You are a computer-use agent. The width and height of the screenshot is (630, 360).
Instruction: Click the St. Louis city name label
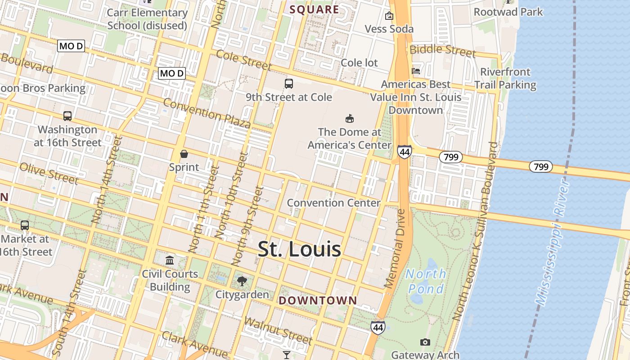(299, 250)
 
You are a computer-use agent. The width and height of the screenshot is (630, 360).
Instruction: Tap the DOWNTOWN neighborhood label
(318, 301)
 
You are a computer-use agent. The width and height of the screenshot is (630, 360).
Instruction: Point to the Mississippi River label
(553, 243)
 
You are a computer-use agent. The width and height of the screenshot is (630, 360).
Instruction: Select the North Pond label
(426, 281)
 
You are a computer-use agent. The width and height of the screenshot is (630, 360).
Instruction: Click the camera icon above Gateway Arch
(425, 342)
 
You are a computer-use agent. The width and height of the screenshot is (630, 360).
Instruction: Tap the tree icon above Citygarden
(242, 282)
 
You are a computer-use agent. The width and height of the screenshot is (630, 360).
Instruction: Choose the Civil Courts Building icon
(170, 260)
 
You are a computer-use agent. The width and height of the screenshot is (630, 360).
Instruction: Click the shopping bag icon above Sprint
(184, 154)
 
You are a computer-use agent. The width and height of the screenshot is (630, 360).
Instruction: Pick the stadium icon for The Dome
(349, 119)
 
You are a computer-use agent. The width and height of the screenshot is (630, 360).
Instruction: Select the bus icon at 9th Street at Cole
(289, 84)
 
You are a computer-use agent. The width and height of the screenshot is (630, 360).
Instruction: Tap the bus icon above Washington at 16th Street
(67, 116)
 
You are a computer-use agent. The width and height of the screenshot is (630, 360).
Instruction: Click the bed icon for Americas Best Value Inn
(416, 71)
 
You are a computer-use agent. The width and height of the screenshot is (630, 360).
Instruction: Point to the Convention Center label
(333, 203)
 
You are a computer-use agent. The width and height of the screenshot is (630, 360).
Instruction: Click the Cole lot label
(360, 63)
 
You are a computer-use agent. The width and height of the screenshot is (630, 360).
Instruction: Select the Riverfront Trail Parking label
(505, 78)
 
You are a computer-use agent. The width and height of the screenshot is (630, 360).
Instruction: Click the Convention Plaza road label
(207, 112)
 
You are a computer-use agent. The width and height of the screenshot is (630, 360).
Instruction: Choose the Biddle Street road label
(443, 50)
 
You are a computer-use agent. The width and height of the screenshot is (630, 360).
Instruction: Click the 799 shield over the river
(541, 167)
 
